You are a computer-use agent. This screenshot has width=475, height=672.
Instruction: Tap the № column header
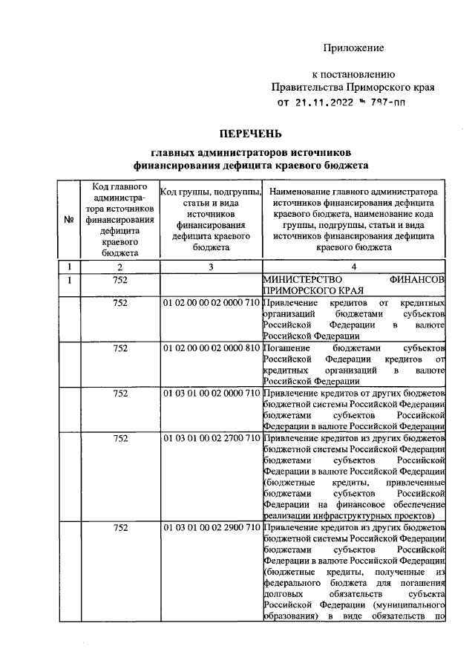[68, 220]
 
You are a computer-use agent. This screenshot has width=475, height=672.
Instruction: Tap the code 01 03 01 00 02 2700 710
[211, 438]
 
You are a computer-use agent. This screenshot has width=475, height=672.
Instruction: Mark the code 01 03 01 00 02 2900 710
[211, 528]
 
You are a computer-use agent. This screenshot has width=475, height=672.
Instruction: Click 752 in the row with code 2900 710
[120, 528]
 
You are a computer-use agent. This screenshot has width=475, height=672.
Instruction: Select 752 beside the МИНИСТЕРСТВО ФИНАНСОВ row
[120, 280]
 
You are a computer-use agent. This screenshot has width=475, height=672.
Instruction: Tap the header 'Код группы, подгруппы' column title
[211, 192]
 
